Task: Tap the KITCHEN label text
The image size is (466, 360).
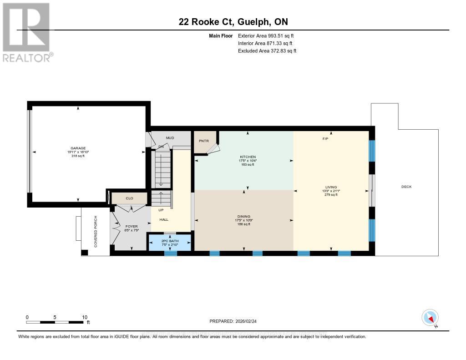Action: coord(248,157)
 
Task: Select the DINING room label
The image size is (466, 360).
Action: coord(244,216)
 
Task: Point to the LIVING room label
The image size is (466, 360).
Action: coord(331,187)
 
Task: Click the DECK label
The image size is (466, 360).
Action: coord(406,187)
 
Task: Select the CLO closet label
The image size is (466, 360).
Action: coord(130,198)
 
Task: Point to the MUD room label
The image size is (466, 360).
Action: coord(169,137)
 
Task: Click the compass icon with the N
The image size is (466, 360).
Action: coord(430,318)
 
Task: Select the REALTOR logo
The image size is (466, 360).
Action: coord(27,32)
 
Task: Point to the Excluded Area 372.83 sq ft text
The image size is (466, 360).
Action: coord(267,51)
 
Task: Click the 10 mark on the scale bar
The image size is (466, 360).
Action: coord(84,317)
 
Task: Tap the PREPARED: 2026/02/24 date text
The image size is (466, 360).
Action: coord(237,321)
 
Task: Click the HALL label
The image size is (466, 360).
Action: coord(163,219)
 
